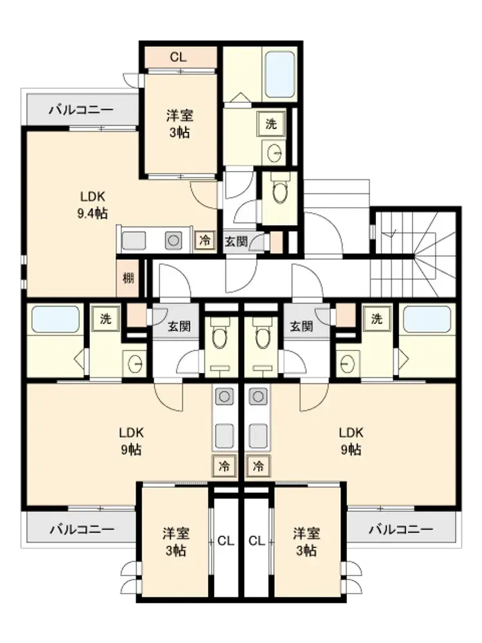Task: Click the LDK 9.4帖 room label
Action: pos(93,205)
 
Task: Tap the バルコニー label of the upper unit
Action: pos(81,110)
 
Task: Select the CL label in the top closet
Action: pos(178,57)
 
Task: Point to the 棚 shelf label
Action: pos(129,278)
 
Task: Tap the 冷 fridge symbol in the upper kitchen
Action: pos(204,240)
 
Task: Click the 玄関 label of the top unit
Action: pos(236,242)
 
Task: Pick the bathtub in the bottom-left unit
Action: pos(55,320)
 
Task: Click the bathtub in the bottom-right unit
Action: pos(427,320)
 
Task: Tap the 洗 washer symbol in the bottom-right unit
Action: pos(376,319)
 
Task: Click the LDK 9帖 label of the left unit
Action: pos(131,441)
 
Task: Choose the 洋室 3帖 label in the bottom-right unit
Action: pos(306,541)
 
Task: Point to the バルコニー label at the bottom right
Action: pos(400,529)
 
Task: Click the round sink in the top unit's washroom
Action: pos(274,154)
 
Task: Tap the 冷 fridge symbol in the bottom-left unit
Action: pos(224,466)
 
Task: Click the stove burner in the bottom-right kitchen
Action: pos(258,396)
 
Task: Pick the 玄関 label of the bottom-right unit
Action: pos(301,327)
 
